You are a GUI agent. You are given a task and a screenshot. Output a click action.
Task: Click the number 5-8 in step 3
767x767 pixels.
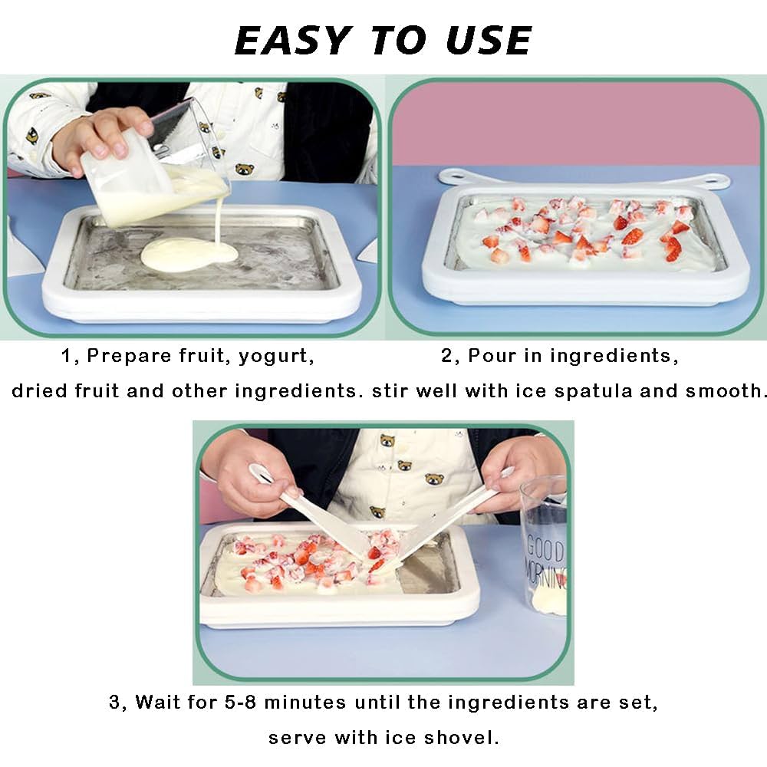click(x=212, y=703)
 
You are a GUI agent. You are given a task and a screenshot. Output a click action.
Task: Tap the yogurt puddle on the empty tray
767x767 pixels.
click(x=188, y=254)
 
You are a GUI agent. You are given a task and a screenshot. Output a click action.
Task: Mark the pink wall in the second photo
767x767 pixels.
click(x=575, y=123)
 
